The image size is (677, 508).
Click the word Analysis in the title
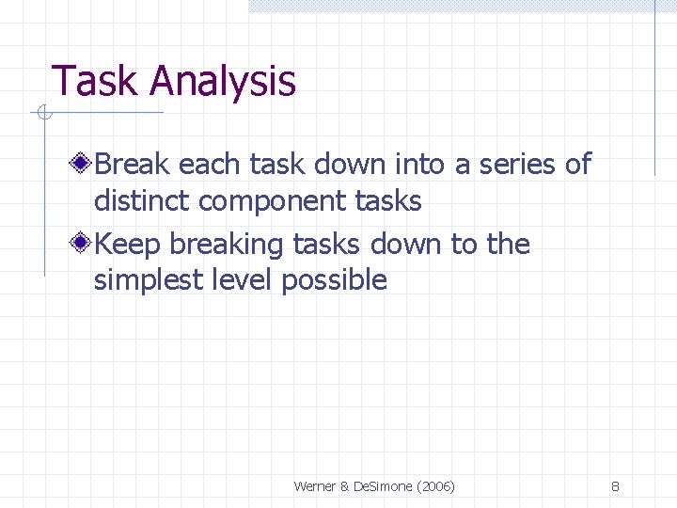point(222,82)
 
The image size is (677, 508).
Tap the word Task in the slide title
point(95,82)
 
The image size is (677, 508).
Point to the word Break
point(132,165)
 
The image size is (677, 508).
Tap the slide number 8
point(615,486)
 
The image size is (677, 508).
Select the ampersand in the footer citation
point(344,486)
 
